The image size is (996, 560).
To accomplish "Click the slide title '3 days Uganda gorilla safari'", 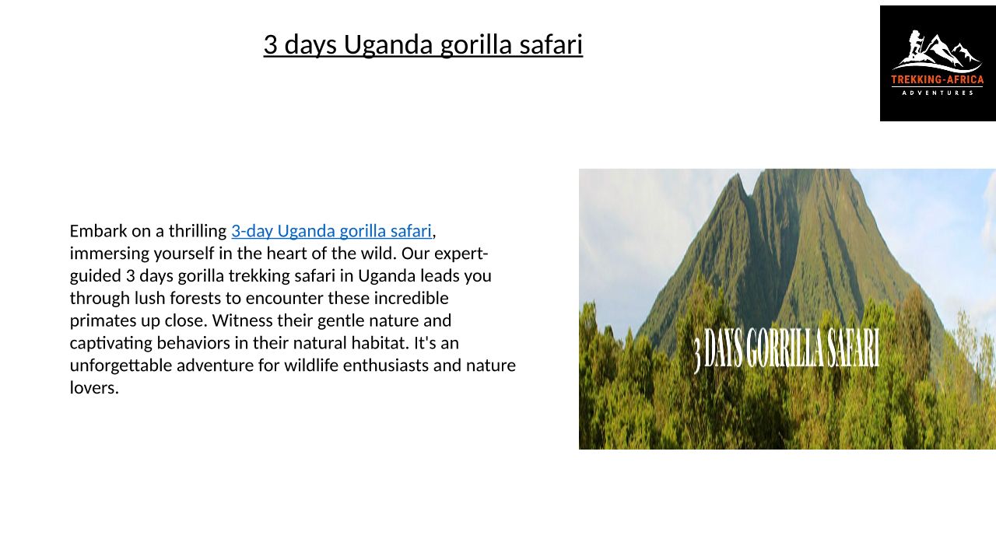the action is (x=423, y=45).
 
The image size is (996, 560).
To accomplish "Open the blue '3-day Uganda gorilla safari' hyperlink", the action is (x=331, y=232).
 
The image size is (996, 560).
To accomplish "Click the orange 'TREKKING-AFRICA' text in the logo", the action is (x=938, y=80).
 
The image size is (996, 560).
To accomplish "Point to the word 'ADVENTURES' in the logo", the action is (x=938, y=93).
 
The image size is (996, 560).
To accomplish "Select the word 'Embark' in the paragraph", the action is (x=98, y=231).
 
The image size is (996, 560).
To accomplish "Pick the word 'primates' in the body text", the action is (x=103, y=321).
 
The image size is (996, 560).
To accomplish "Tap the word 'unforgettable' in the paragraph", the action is (x=121, y=366).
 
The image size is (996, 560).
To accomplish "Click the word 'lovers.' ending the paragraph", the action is (x=94, y=388).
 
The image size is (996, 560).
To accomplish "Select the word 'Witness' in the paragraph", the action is (x=242, y=320).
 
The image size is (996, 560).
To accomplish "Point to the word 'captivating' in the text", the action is (x=110, y=344).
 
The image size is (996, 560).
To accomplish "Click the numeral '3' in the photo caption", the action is (x=697, y=355).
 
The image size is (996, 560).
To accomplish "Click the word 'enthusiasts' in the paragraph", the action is (x=385, y=366).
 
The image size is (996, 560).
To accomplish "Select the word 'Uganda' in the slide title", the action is (x=388, y=45).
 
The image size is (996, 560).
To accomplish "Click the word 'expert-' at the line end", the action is (x=461, y=254).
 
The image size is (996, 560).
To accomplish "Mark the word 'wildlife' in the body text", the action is (x=311, y=366).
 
